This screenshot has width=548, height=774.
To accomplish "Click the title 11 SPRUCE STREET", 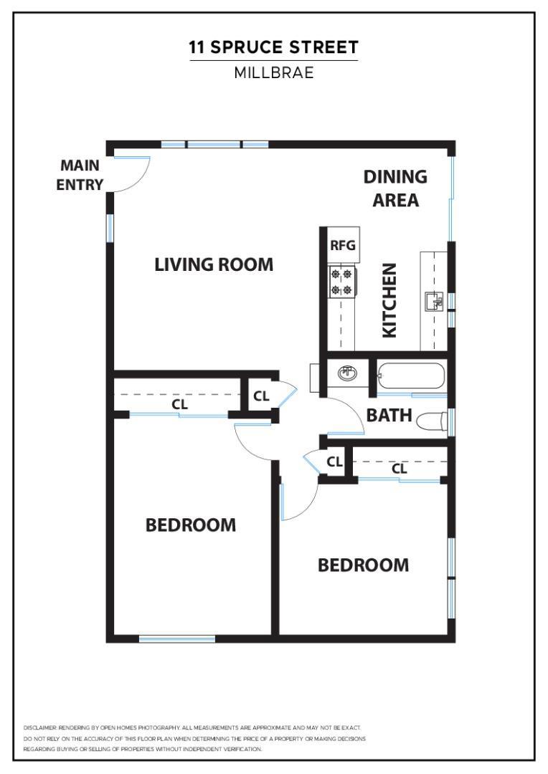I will (273, 48).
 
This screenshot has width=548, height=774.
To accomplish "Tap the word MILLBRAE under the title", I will (273, 72).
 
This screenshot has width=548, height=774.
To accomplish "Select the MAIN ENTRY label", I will (80, 175).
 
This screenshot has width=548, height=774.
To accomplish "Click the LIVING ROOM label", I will (214, 264).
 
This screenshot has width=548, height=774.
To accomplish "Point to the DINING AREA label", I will (395, 188).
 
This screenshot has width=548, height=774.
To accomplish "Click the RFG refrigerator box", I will (342, 245).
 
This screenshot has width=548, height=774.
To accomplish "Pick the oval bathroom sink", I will (347, 373).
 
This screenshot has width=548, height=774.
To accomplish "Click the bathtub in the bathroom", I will (411, 376).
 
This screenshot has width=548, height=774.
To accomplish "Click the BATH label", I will (389, 415).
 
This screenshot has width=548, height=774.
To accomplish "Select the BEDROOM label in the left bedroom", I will (190, 525).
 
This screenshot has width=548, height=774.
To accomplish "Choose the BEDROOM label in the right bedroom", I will (363, 565).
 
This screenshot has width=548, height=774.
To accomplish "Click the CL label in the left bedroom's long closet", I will (179, 404).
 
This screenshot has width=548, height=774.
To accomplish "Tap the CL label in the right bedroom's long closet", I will (400, 469).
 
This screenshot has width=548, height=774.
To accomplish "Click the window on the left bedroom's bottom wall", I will (176, 639).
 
